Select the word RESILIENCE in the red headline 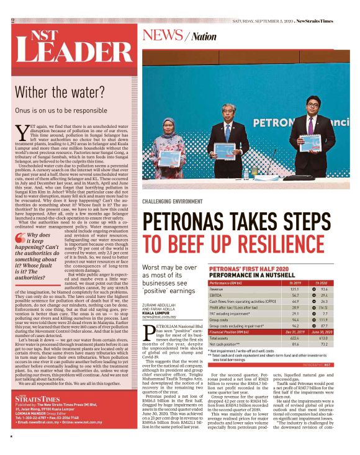[x=273, y=243]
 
